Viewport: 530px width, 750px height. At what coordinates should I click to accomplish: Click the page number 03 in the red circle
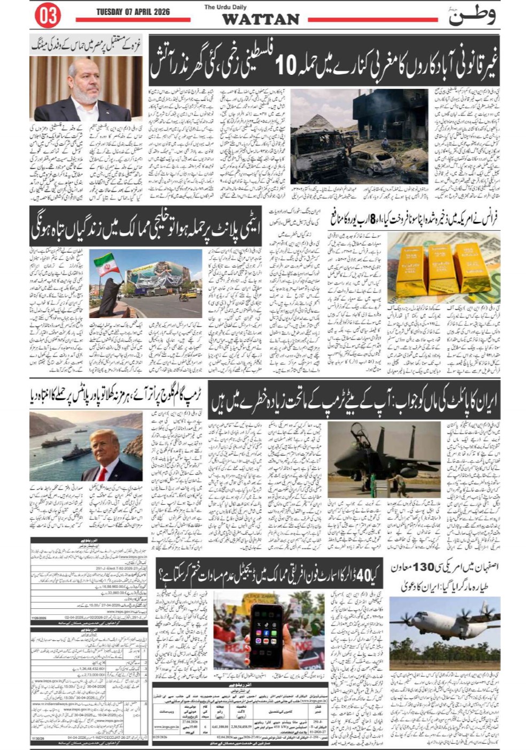[x=48, y=16]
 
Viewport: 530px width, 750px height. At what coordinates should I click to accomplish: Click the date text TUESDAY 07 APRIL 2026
[x=133, y=12]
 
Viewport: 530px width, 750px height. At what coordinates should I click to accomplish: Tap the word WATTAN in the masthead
[x=260, y=19]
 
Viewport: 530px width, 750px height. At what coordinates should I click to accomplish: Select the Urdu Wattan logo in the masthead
[x=471, y=16]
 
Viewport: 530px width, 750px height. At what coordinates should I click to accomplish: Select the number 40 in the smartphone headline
[x=363, y=575]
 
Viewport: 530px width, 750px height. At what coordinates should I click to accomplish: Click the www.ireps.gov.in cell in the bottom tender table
[x=166, y=727]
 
